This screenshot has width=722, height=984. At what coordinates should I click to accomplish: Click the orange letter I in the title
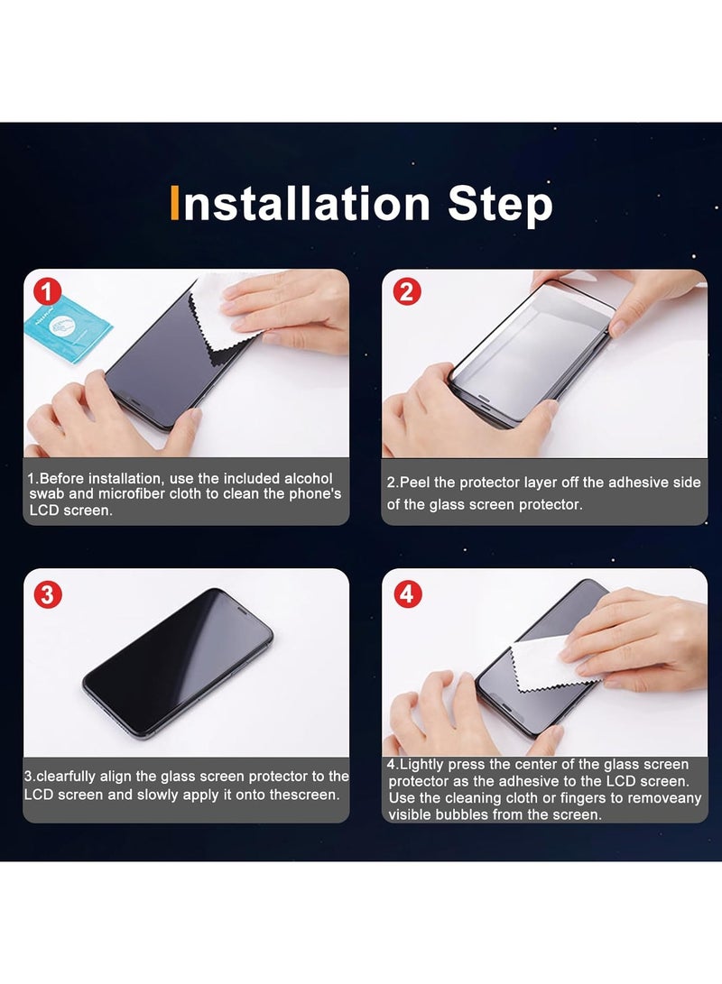pyautogui.click(x=176, y=204)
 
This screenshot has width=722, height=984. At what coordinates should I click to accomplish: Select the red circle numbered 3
pyautogui.click(x=47, y=594)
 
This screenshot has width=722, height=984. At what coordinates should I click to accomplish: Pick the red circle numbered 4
pyautogui.click(x=407, y=593)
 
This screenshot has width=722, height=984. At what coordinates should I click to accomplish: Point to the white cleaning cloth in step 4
pyautogui.click(x=541, y=663)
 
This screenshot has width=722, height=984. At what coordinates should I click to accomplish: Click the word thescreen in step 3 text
pyautogui.click(x=306, y=795)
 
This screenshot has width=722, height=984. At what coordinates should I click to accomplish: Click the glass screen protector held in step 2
pyautogui.click(x=532, y=347)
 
